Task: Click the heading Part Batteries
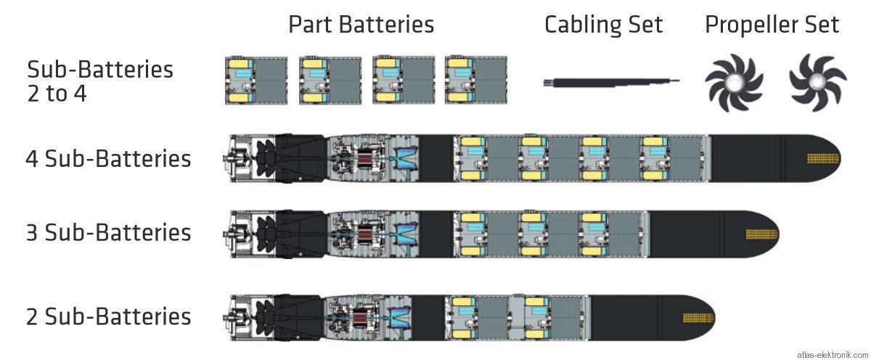coord(361,25)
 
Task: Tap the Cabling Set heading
coord(603,25)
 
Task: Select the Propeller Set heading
coord(772,25)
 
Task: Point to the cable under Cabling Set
coord(611,82)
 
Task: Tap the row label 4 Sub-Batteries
coord(108,159)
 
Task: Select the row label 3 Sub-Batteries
coord(108,233)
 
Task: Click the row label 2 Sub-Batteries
coord(108,317)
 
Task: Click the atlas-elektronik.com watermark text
coord(832,354)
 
